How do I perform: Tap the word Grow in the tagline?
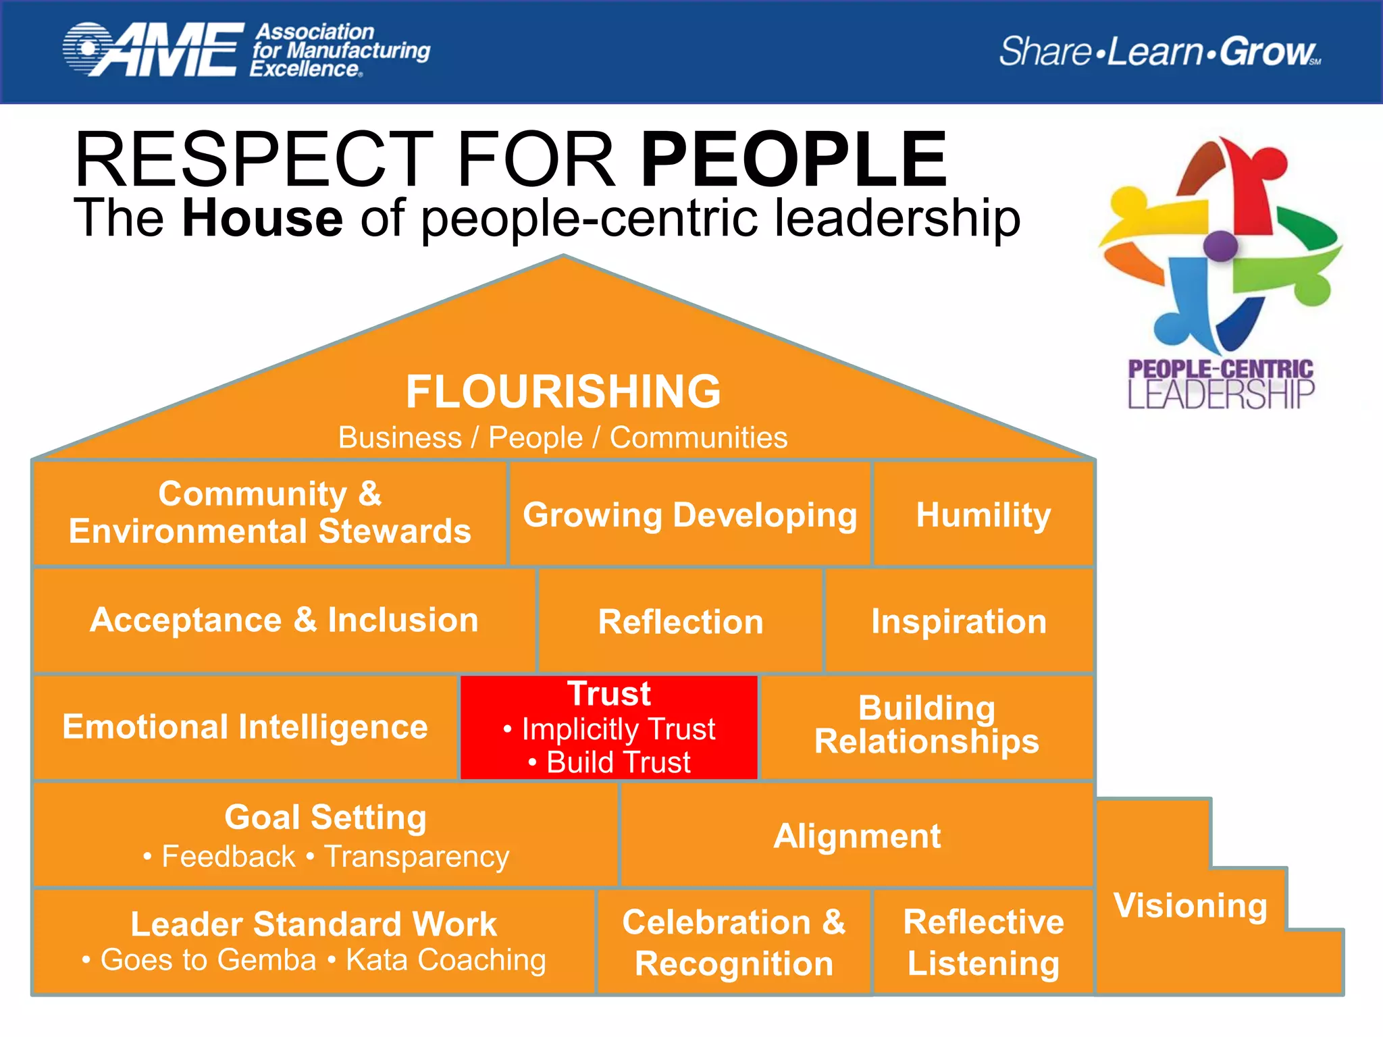(1267, 52)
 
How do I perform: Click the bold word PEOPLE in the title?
(793, 160)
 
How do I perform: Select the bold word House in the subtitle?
(262, 218)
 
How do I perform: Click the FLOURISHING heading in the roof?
(563, 392)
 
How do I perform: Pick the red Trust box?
(609, 728)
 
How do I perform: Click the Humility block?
(983, 515)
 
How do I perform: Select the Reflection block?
(680, 621)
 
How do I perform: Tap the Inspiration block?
(959, 621)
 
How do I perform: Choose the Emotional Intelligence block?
(245, 727)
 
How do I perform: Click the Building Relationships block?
(927, 726)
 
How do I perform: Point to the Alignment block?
(856, 836)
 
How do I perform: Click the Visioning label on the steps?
(1190, 905)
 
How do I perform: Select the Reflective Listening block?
(983, 942)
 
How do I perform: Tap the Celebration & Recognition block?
(734, 942)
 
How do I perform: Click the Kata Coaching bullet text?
(446, 959)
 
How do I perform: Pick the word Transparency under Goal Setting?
(417, 857)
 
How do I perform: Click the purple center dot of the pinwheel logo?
(1220, 246)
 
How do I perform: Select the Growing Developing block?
(689, 515)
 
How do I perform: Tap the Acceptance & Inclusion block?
(284, 620)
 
